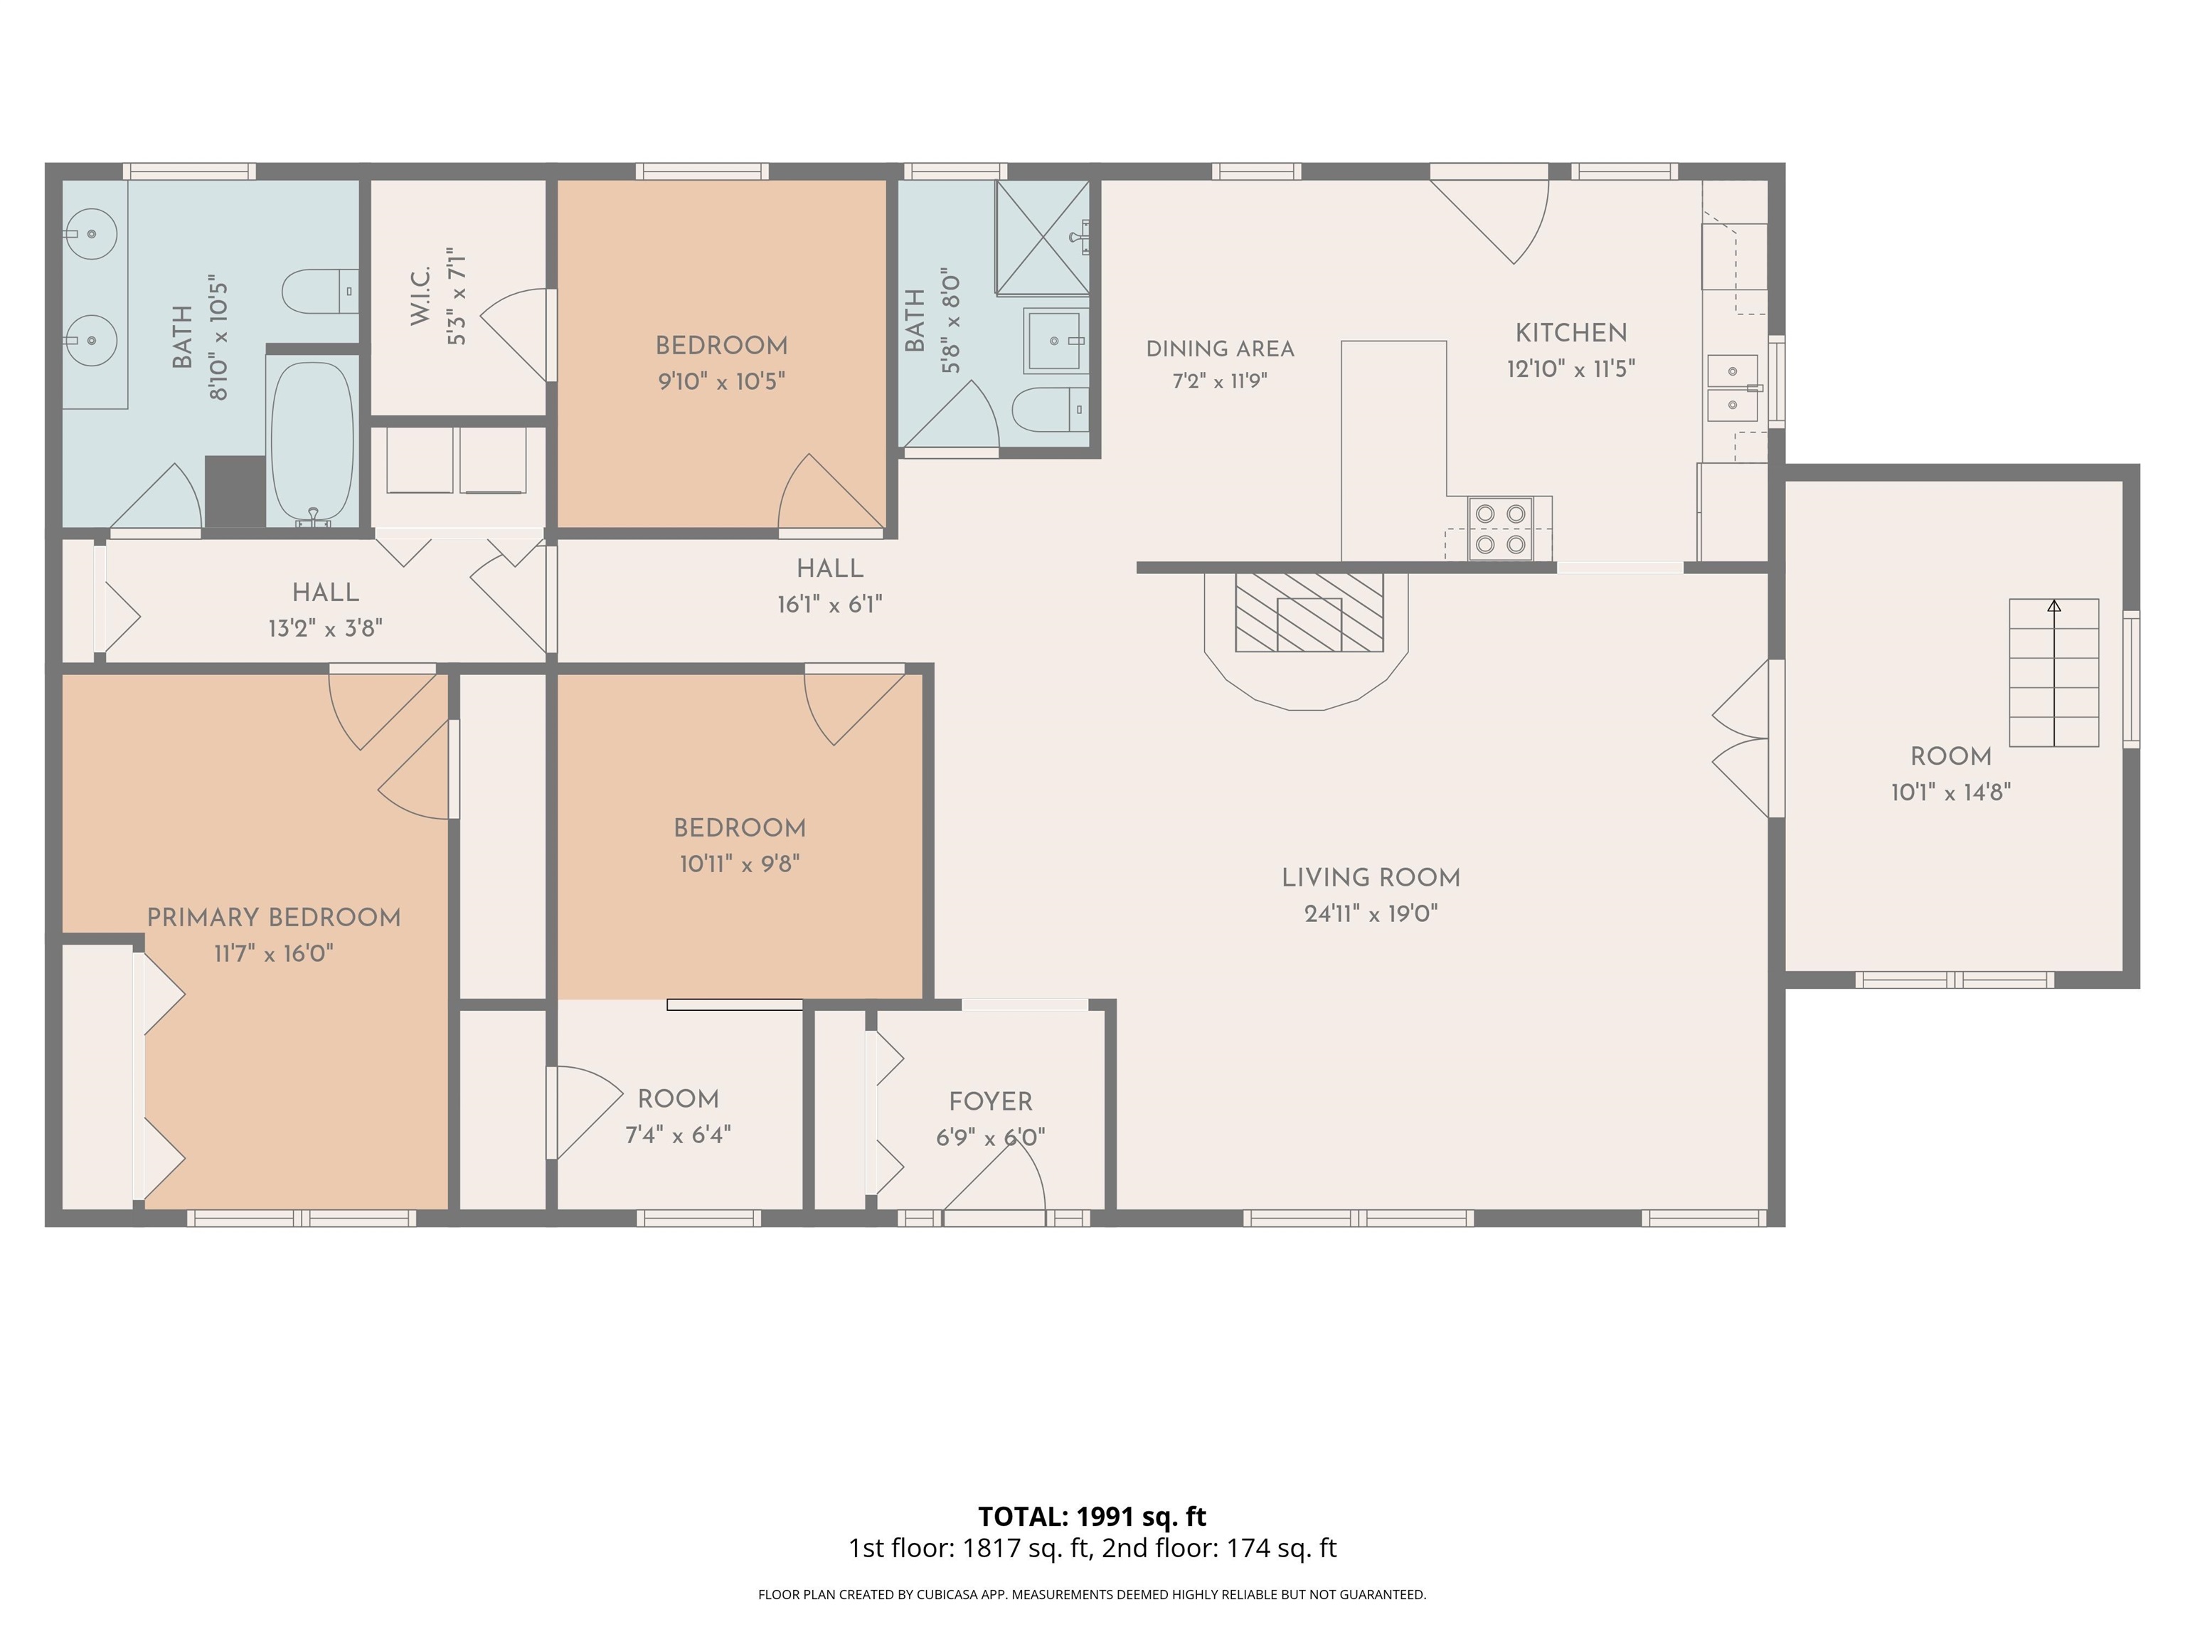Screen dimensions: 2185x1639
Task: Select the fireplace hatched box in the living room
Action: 1309,612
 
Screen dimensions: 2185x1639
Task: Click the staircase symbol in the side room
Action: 2053,673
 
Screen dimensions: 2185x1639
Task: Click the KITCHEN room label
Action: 1570,333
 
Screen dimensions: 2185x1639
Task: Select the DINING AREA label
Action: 1220,349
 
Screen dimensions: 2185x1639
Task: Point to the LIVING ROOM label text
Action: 1370,877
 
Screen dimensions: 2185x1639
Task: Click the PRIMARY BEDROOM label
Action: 274,917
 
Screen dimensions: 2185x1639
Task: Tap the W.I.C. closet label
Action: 420,295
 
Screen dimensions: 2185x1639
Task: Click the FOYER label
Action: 991,1101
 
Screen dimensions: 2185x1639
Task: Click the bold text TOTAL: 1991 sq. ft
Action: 1092,1517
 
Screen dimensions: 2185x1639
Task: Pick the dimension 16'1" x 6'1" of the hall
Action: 830,605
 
